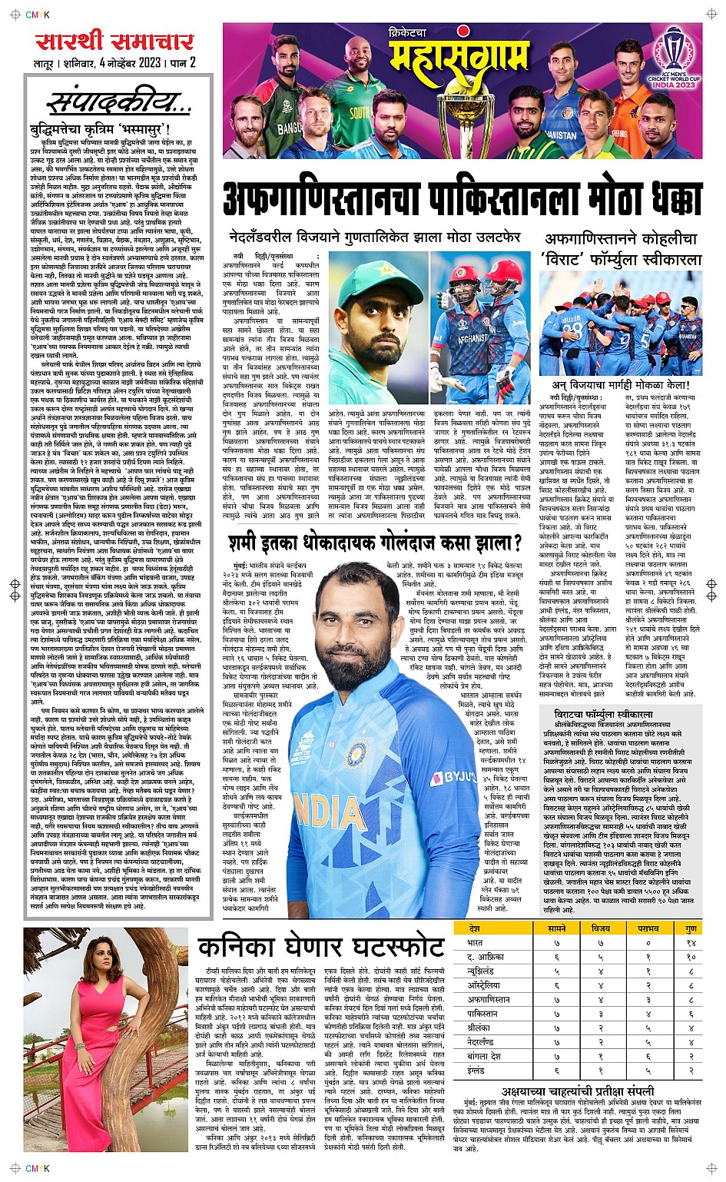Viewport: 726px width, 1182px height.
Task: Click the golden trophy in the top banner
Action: click(466, 115)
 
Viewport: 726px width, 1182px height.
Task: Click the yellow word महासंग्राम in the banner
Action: click(459, 56)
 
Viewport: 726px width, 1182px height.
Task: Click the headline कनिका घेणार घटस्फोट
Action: click(320, 947)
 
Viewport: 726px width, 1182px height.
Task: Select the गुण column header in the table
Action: click(691, 928)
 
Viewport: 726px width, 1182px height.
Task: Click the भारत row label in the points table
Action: click(475, 942)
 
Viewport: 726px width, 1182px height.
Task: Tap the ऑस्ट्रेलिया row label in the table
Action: click(484, 985)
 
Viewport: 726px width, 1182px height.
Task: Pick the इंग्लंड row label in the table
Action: click(476, 1071)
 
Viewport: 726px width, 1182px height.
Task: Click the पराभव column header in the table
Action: click(648, 928)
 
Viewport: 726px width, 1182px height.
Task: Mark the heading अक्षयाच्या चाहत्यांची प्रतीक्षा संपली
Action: click(578, 1091)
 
